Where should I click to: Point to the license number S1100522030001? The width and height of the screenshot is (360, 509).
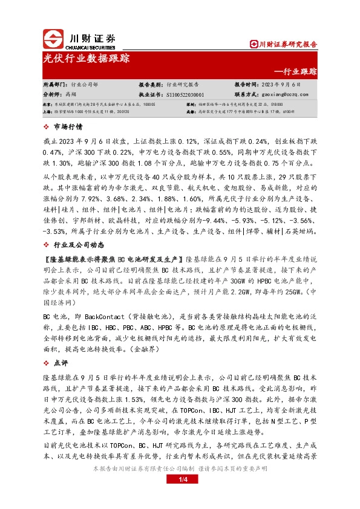pos(185,95)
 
